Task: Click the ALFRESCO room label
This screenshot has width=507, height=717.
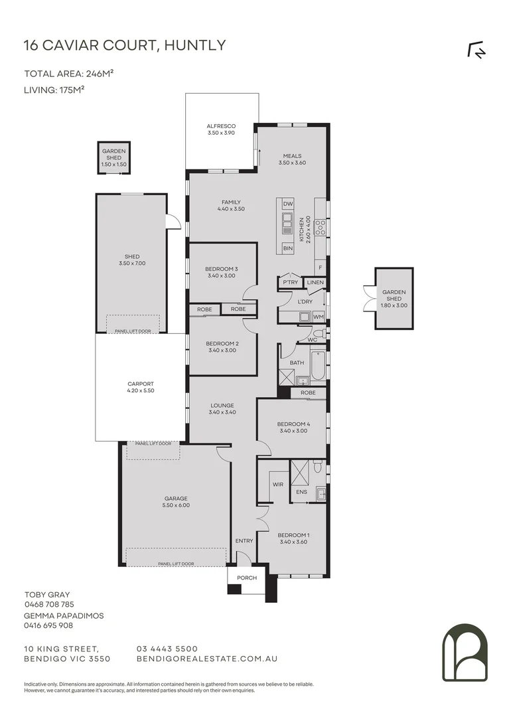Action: (221, 126)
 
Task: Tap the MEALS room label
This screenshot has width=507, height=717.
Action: (292, 156)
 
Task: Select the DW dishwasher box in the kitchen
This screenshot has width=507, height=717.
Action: (287, 204)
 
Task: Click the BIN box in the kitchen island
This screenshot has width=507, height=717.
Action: (287, 248)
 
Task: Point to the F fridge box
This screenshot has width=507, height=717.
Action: (321, 268)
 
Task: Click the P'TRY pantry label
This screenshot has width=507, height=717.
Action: (290, 283)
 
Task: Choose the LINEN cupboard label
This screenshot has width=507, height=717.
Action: (316, 283)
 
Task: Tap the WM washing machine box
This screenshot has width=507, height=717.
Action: (318, 316)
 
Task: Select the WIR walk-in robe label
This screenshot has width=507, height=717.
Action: (278, 485)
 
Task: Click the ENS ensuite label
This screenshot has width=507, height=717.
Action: (301, 492)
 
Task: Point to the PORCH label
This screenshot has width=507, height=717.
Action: (247, 578)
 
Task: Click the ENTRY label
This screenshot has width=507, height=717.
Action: (244, 541)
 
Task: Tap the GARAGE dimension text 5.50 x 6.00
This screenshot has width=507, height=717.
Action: (176, 505)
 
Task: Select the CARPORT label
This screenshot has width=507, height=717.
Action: (140, 384)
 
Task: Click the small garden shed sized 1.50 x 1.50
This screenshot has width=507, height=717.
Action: (113, 157)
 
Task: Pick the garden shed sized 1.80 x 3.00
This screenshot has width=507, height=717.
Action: (394, 298)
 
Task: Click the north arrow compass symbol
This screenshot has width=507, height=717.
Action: (476, 50)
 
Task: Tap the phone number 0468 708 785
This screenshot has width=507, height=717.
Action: (49, 605)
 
